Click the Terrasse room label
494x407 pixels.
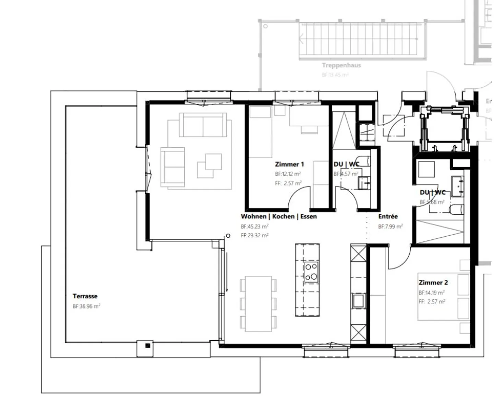(85, 296)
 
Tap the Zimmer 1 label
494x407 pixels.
(289, 164)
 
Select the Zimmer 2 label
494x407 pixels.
(433, 283)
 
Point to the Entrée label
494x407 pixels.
(388, 216)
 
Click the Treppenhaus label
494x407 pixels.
(341, 65)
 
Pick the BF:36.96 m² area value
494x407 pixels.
(86, 306)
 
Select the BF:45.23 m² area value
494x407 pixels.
(254, 227)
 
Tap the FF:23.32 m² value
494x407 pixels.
(254, 236)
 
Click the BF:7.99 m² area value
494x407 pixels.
(390, 227)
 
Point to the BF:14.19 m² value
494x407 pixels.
(432, 293)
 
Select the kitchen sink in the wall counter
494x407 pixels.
(358, 301)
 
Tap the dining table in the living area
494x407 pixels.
(258, 303)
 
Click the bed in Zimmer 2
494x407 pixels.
(443, 297)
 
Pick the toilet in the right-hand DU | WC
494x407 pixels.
(457, 209)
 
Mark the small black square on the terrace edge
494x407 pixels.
(148, 346)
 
